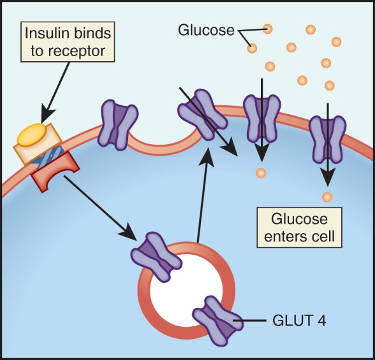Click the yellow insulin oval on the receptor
32,134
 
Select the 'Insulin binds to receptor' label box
68,42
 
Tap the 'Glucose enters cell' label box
300,227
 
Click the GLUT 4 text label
299,320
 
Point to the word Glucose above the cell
206,30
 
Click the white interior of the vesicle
186,290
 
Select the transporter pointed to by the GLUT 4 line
217,320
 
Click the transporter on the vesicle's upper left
156,257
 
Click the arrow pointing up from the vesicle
203,195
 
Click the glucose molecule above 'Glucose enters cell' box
327,197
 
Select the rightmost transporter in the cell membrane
327,140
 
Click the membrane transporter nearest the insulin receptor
118,125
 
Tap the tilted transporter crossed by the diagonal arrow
203,115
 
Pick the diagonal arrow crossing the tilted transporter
209,121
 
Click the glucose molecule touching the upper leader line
267,29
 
